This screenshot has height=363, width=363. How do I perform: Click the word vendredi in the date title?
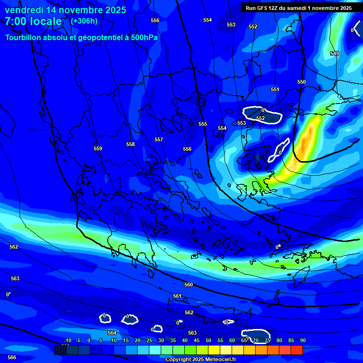pyautogui.click(x=24, y=10)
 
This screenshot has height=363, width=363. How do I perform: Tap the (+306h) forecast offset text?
pyautogui.click(x=84, y=21)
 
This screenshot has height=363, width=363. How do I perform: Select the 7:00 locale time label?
pyautogui.click(x=33, y=21)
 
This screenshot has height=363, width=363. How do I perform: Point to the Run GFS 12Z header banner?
pyautogui.click(x=298, y=8)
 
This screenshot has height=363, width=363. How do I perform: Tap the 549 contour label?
pyautogui.click(x=335, y=54)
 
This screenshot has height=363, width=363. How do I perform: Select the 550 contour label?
pyautogui.click(x=302, y=82)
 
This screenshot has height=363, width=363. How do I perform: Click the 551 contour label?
pyautogui.click(x=275, y=89)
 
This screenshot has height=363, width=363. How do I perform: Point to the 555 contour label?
pyautogui.click(x=203, y=124)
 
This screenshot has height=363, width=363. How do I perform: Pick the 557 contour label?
pyautogui.click(x=159, y=140)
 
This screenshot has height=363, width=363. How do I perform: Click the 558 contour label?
pyautogui.click(x=130, y=144)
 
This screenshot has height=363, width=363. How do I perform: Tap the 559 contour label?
pyautogui.click(x=98, y=149)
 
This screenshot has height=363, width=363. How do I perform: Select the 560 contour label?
pyautogui.click(x=189, y=285)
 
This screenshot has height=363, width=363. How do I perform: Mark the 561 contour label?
pyautogui.click(x=177, y=296)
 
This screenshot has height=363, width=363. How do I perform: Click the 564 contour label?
pyautogui.click(x=112, y=333)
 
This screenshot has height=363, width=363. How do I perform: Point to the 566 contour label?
pyautogui.click(x=12, y=357)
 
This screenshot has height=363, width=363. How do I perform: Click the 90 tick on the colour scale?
pyautogui.click(x=302, y=340)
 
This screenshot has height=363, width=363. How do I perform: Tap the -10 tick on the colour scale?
pyautogui.click(x=68, y=340)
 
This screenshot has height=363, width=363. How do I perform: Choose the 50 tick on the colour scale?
pyautogui.click(x=208, y=340)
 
